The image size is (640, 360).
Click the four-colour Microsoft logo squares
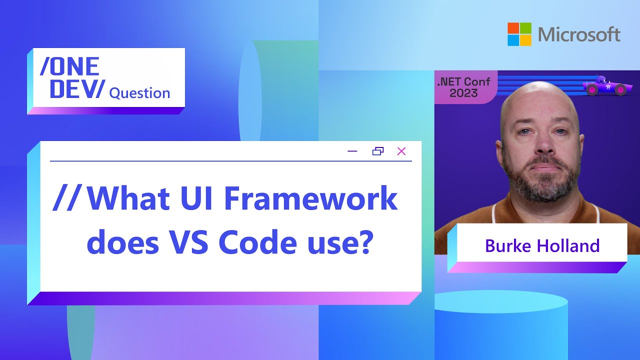[519, 34]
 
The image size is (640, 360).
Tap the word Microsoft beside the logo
[579, 34]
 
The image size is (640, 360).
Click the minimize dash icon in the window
[352, 151]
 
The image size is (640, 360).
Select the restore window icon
[378, 151]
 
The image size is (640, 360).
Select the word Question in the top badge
[139, 93]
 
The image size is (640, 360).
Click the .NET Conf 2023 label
[463, 87]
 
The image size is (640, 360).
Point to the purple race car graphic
[604, 86]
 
